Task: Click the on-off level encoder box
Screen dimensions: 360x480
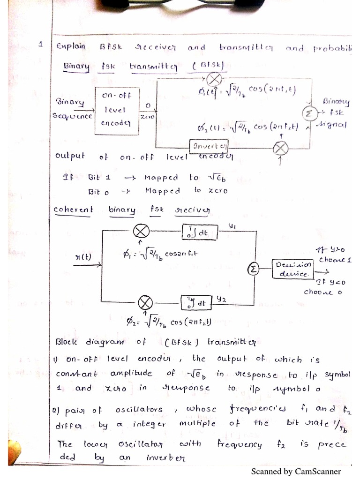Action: click(117, 110)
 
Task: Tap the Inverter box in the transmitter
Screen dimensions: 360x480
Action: click(209, 146)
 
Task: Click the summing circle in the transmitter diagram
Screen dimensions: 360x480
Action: click(308, 114)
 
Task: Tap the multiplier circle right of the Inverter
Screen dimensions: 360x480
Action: click(280, 148)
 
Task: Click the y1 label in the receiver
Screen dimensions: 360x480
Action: click(232, 227)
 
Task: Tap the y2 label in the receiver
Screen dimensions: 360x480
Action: click(221, 298)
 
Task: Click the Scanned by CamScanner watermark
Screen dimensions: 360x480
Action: click(296, 471)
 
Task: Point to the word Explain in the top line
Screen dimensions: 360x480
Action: click(71, 46)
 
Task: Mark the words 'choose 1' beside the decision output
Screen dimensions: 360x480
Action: click(335, 259)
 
